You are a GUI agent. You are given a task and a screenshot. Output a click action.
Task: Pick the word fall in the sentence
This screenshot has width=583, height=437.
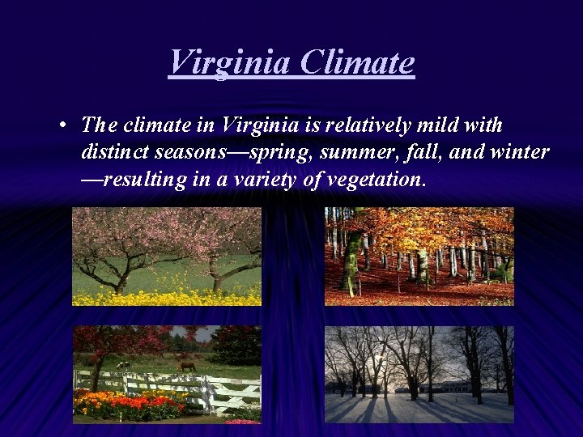point(421,152)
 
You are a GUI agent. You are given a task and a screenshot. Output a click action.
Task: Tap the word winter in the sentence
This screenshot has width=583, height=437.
point(520,152)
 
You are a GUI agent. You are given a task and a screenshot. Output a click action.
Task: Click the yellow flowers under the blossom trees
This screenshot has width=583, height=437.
point(162,296)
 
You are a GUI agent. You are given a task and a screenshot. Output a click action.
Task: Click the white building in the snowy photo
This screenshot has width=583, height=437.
point(453,386)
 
